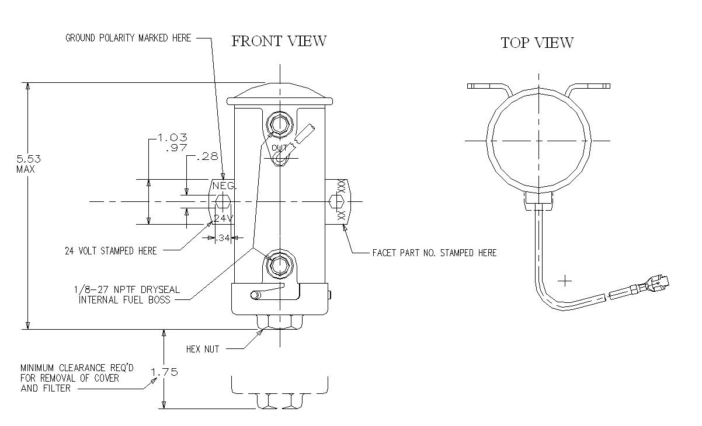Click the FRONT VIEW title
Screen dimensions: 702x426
point(279,41)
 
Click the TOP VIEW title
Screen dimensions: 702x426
point(537,43)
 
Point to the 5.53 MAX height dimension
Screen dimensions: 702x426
point(28,164)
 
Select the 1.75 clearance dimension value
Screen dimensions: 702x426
point(164,372)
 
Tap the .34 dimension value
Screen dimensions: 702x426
point(223,238)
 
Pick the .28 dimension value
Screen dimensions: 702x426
point(207,156)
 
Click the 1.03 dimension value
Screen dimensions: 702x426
point(172,137)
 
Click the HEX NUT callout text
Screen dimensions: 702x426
point(203,349)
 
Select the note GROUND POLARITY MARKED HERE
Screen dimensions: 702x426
point(128,38)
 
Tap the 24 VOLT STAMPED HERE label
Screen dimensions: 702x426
point(110,251)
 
